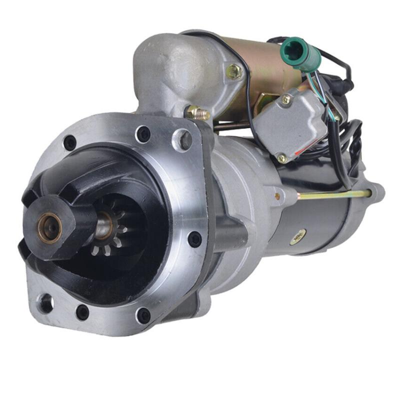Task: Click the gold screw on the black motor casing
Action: click(298, 236)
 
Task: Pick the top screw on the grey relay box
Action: click(286, 99)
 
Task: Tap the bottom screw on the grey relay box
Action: click(282, 158)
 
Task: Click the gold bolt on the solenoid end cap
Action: click(234, 71)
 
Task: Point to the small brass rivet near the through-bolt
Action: click(276, 196)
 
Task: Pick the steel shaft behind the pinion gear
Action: click(104, 225)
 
